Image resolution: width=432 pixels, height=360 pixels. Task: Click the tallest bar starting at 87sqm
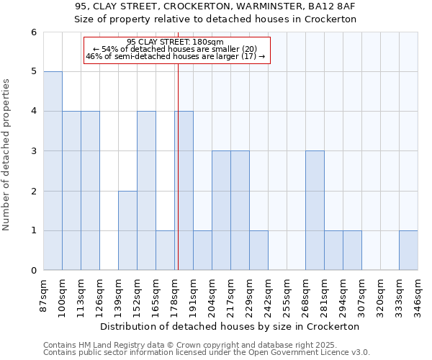pyautogui.click(x=53, y=171)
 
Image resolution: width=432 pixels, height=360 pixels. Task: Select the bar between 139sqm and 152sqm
pyautogui.click(x=127, y=230)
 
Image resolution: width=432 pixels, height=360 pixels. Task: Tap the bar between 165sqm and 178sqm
pyautogui.click(x=165, y=251)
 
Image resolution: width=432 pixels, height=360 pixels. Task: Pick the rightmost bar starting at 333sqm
pyautogui.click(x=408, y=251)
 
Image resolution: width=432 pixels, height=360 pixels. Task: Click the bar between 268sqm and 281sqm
pyautogui.click(x=315, y=210)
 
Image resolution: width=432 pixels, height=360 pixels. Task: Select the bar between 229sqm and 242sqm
pyautogui.click(x=258, y=251)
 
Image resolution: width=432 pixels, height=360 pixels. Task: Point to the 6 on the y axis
pyautogui.click(x=33, y=32)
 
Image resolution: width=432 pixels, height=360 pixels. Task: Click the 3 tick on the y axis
pyautogui.click(x=33, y=151)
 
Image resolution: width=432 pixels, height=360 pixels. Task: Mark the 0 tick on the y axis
pyautogui.click(x=33, y=271)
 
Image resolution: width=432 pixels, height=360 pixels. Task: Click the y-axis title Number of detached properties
pyautogui.click(x=7, y=151)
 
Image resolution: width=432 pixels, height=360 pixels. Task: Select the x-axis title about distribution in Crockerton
pyautogui.click(x=230, y=326)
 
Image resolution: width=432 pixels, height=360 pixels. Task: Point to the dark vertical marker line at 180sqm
pyautogui.click(x=178, y=166)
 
